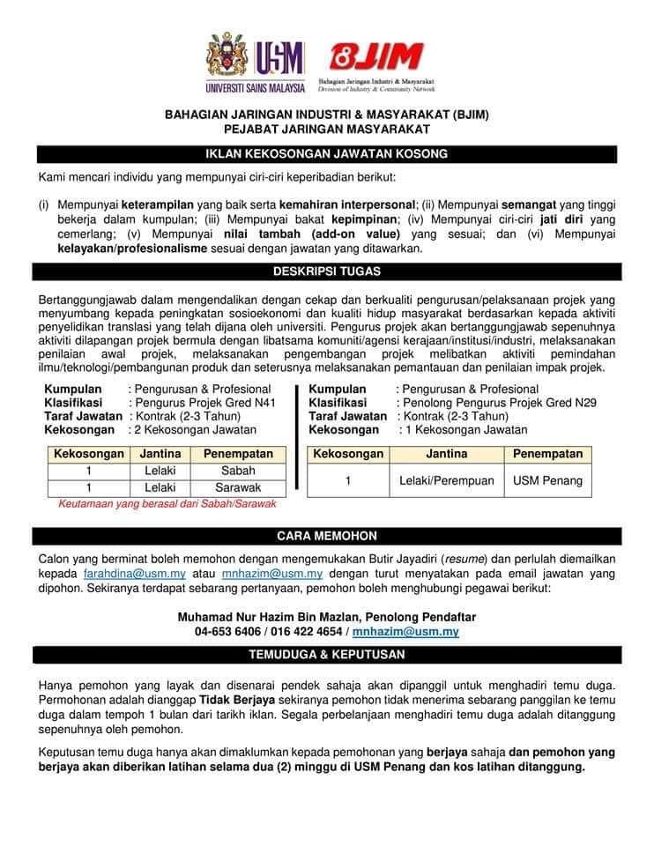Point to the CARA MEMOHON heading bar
[326, 535]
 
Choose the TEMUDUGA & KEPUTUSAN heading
[326, 655]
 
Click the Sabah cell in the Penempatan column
[237, 470]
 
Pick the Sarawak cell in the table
[237, 486]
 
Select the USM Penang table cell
[548, 480]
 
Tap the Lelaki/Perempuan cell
[447, 480]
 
